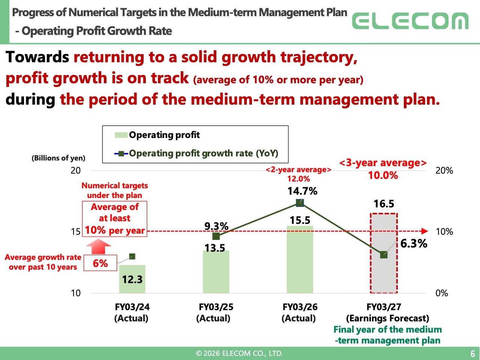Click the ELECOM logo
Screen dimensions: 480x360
[x=410, y=21]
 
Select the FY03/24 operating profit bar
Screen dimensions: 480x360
[x=132, y=279]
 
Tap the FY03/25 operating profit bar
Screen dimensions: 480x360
[x=216, y=272]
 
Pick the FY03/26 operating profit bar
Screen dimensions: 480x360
[x=300, y=259]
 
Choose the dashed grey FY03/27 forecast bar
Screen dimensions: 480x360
[x=384, y=253]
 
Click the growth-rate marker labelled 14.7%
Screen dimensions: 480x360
[x=300, y=203]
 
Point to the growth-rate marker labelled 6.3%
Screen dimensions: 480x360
[x=384, y=255]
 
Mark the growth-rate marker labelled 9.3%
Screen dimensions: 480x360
[x=216, y=236]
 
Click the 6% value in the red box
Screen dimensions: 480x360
[x=100, y=263]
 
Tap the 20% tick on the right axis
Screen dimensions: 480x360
[x=444, y=171]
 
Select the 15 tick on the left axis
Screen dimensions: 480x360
[x=76, y=231]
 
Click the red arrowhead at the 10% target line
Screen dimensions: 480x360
[x=424, y=231]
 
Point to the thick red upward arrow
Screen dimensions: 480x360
[x=98, y=246]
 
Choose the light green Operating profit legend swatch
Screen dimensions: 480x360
[x=121, y=135]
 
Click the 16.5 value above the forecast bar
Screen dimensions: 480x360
[x=384, y=204]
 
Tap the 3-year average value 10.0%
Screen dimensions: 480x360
[x=383, y=175]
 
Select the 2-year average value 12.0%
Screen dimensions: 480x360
[x=298, y=179]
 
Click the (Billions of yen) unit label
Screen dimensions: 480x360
[x=58, y=158]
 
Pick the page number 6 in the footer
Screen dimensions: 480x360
[x=473, y=354]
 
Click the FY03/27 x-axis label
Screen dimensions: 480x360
[x=384, y=307]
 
